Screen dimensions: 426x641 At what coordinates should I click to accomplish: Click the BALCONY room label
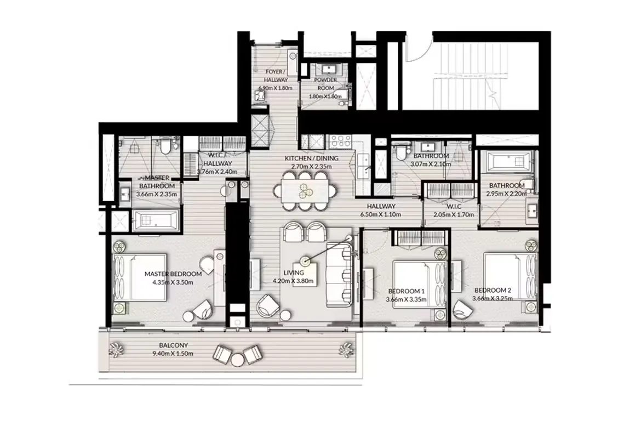174,345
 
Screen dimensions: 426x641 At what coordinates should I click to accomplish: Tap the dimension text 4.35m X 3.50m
173,282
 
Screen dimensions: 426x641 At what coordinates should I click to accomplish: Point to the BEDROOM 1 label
406,291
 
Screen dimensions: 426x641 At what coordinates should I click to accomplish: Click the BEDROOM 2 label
493,290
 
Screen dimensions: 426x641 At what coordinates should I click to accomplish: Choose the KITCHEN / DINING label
311,158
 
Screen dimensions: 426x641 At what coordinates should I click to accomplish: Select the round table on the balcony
237,359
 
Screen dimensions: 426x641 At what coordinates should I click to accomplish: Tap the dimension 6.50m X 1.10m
382,214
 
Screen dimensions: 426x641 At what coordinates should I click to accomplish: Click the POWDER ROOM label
325,83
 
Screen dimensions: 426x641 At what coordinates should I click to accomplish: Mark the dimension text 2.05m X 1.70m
453,214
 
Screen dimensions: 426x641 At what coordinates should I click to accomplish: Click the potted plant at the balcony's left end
117,349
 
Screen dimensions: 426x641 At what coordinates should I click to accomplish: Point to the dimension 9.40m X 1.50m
174,354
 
